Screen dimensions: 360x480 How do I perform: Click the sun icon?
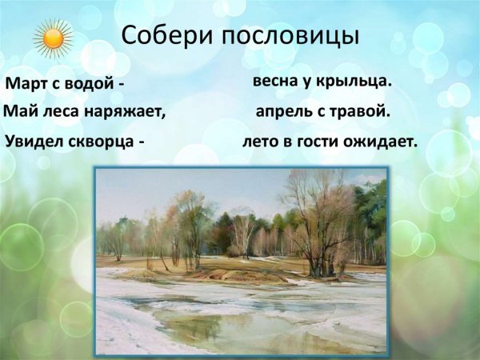tap(54, 37)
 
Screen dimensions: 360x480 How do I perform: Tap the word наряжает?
tap(126, 113)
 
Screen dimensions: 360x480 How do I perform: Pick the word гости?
tap(322, 142)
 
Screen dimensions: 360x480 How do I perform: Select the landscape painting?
tap(241, 259)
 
